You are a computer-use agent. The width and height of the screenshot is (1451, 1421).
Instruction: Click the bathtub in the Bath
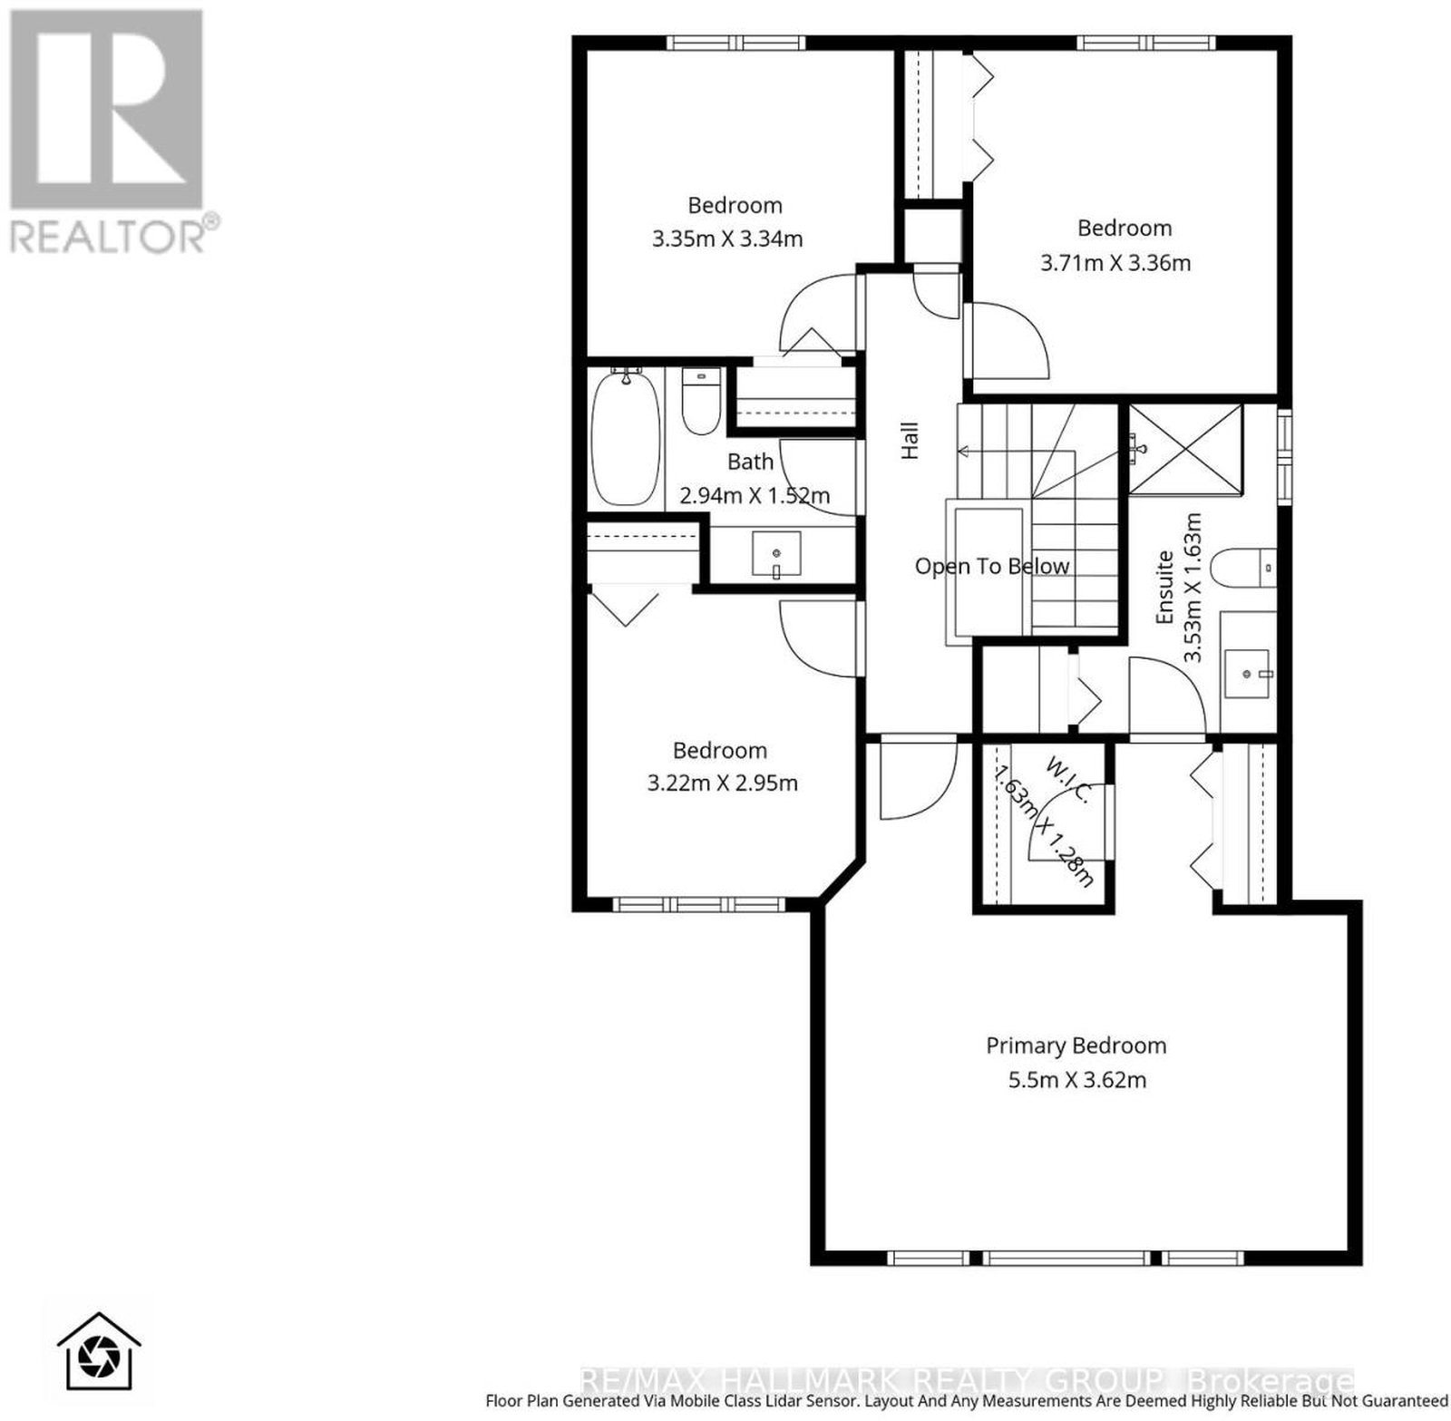[x=625, y=438]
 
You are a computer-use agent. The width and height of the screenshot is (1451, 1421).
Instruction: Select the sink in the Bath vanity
[x=777, y=555]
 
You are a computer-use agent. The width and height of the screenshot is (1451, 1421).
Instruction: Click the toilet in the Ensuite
[x=1246, y=569]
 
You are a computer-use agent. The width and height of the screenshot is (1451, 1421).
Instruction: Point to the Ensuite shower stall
[x=1184, y=448]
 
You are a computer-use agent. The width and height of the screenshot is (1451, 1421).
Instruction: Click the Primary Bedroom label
[x=1076, y=1046]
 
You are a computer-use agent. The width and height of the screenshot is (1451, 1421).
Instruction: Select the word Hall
[x=910, y=440]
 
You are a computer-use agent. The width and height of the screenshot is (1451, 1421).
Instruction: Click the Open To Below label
[x=992, y=566]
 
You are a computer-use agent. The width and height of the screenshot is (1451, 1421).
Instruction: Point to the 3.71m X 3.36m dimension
[x=1115, y=263]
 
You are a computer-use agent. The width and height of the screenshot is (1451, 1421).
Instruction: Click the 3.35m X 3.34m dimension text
[x=727, y=239]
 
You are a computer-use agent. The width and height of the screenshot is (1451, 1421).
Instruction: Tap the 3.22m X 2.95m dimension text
[x=722, y=783]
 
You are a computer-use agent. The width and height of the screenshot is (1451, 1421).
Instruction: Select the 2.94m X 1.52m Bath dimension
[x=755, y=496]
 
